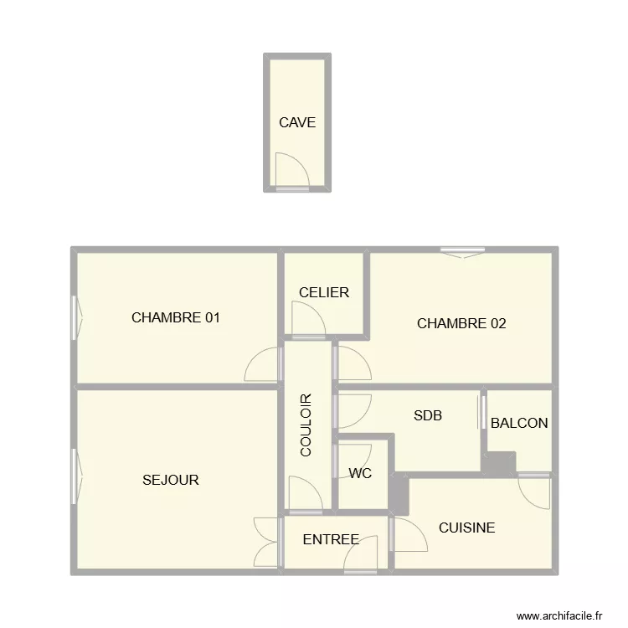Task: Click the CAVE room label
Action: pyautogui.click(x=297, y=122)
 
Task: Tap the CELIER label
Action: pyautogui.click(x=323, y=293)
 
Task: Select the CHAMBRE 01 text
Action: pyautogui.click(x=176, y=318)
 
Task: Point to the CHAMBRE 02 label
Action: pyautogui.click(x=461, y=323)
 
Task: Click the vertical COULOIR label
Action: pyautogui.click(x=306, y=425)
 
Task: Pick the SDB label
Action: pyautogui.click(x=428, y=415)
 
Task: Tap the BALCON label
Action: pyautogui.click(x=519, y=423)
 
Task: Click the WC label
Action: pyautogui.click(x=360, y=473)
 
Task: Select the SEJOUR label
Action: pyautogui.click(x=171, y=480)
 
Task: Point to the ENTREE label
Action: pyautogui.click(x=331, y=540)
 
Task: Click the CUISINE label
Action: pyautogui.click(x=466, y=528)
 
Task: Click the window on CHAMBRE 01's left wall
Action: pyautogui.click(x=77, y=318)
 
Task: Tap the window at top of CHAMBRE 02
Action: pyautogui.click(x=462, y=250)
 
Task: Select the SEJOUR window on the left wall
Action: pyautogui.click(x=77, y=477)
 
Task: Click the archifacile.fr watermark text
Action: pyautogui.click(x=559, y=615)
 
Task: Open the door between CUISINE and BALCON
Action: pyautogui.click(x=533, y=489)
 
